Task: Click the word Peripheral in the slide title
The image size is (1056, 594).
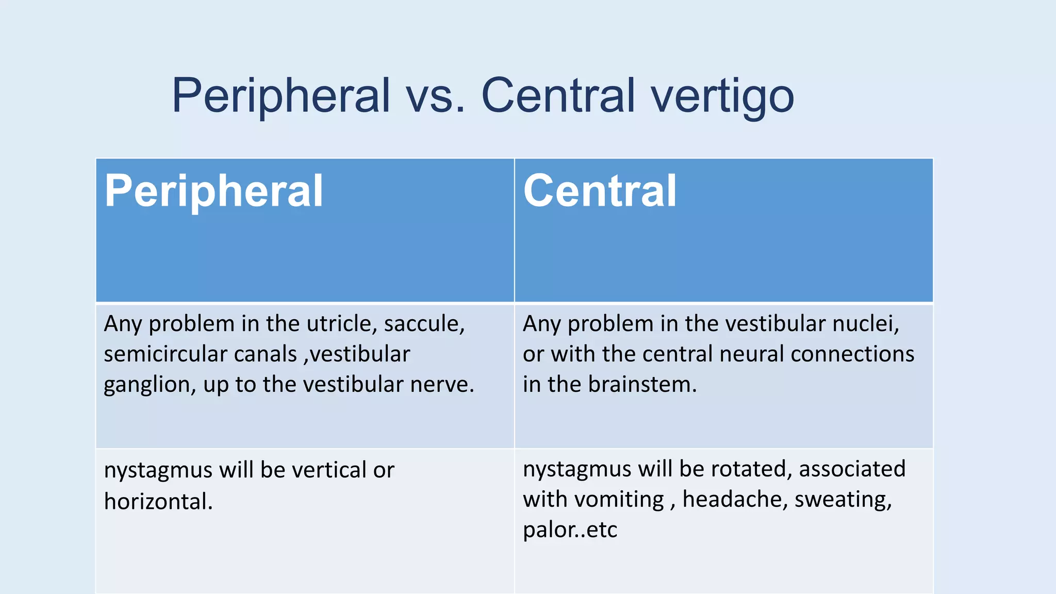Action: pyautogui.click(x=281, y=95)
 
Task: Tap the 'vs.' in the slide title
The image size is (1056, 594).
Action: pyautogui.click(x=435, y=95)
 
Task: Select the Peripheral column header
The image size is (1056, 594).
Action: pyautogui.click(x=213, y=191)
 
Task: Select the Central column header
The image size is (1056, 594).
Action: pyautogui.click(x=599, y=191)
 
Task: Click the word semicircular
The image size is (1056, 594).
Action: pyautogui.click(x=164, y=354)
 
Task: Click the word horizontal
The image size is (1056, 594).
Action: pyautogui.click(x=158, y=501)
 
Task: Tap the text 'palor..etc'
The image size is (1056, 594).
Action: pyautogui.click(x=570, y=530)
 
